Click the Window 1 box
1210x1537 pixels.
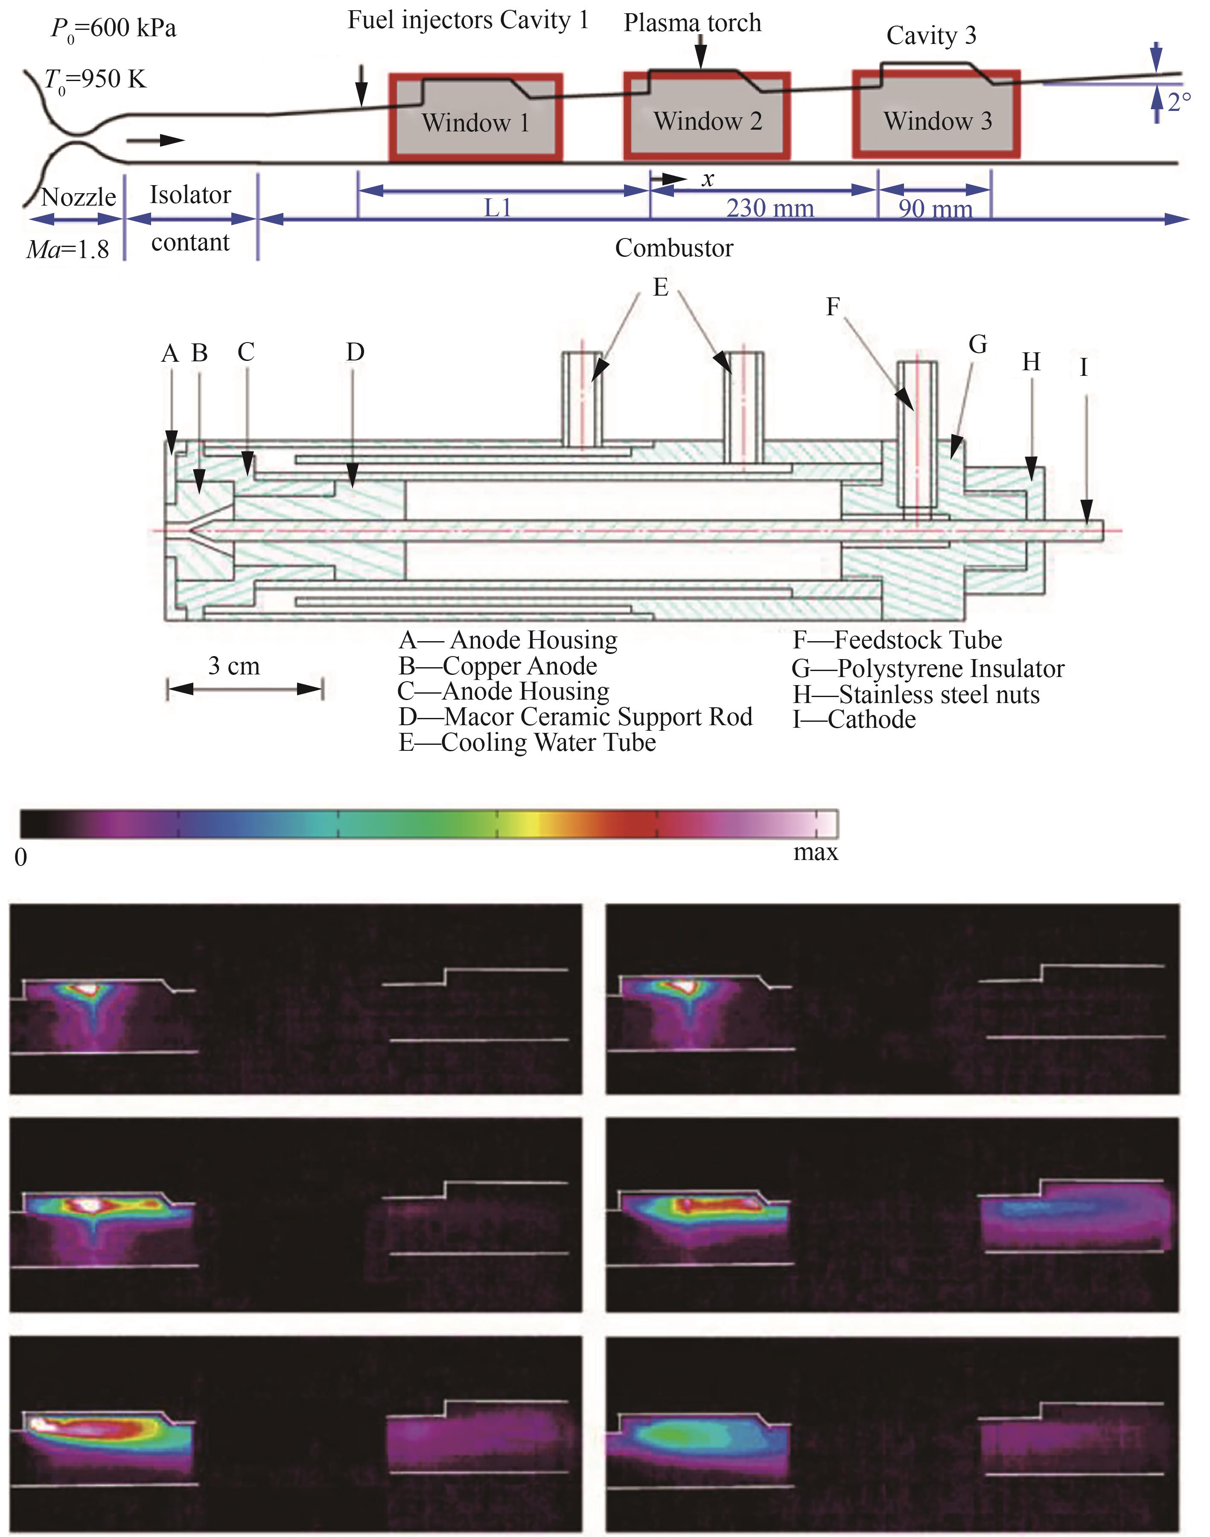click(476, 117)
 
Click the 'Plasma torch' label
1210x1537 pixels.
click(692, 23)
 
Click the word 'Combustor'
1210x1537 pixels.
click(674, 248)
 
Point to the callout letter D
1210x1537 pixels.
click(355, 352)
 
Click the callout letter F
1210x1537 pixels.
click(833, 307)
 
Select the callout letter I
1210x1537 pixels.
click(1083, 367)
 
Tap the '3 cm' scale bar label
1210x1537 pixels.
click(234, 666)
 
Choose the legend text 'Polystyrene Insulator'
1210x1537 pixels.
click(950, 668)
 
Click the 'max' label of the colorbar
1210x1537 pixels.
click(815, 852)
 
